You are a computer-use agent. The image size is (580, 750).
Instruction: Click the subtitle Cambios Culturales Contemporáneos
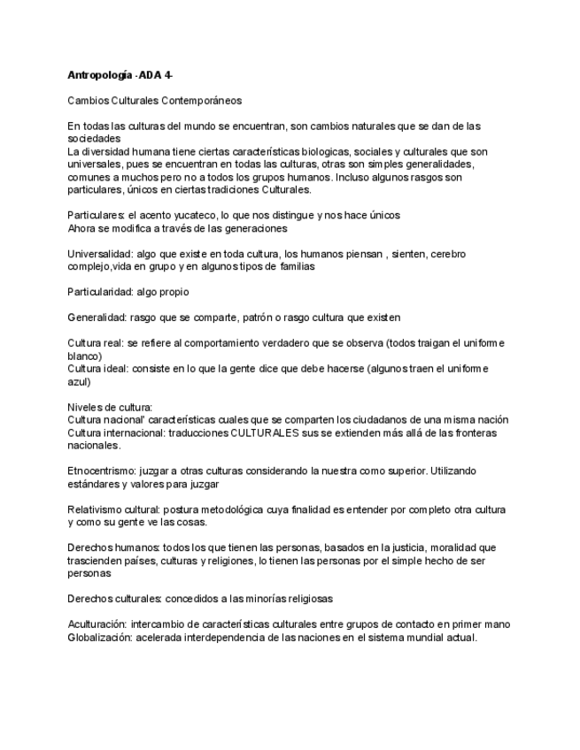click(155, 101)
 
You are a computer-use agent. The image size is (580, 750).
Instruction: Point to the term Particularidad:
click(100, 292)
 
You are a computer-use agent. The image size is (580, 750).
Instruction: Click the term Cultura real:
click(96, 343)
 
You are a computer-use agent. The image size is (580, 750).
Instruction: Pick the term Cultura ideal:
click(97, 369)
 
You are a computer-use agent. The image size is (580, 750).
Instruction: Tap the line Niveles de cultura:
click(111, 407)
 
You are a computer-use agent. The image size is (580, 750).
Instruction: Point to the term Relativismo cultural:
click(113, 509)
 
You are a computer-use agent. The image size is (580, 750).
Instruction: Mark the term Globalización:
click(100, 637)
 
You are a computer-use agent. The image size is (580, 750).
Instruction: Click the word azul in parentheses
click(78, 381)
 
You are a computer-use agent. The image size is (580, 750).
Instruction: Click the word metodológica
click(229, 509)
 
